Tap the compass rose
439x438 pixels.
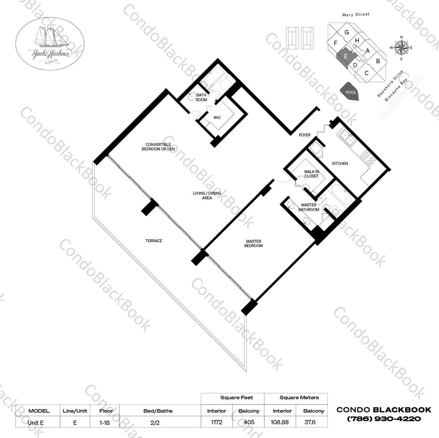coord(401,48)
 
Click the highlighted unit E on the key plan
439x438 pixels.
coord(345,56)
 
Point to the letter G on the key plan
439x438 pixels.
coord(347,32)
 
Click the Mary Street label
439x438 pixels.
coord(356,14)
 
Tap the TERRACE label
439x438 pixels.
coord(154,241)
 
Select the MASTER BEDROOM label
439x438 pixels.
coord(253,243)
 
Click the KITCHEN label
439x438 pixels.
coord(340,163)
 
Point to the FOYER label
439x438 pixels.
coord(305,135)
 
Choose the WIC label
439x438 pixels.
coord(217,117)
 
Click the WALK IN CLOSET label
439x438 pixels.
coord(311,174)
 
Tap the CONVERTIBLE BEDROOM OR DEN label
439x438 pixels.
coord(158,147)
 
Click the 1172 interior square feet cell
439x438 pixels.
coord(216,422)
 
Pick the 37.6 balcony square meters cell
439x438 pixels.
coord(310,422)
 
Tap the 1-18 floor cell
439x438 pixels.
coord(104,422)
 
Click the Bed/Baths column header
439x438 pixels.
coord(158,411)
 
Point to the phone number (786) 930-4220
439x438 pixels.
coord(384,419)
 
